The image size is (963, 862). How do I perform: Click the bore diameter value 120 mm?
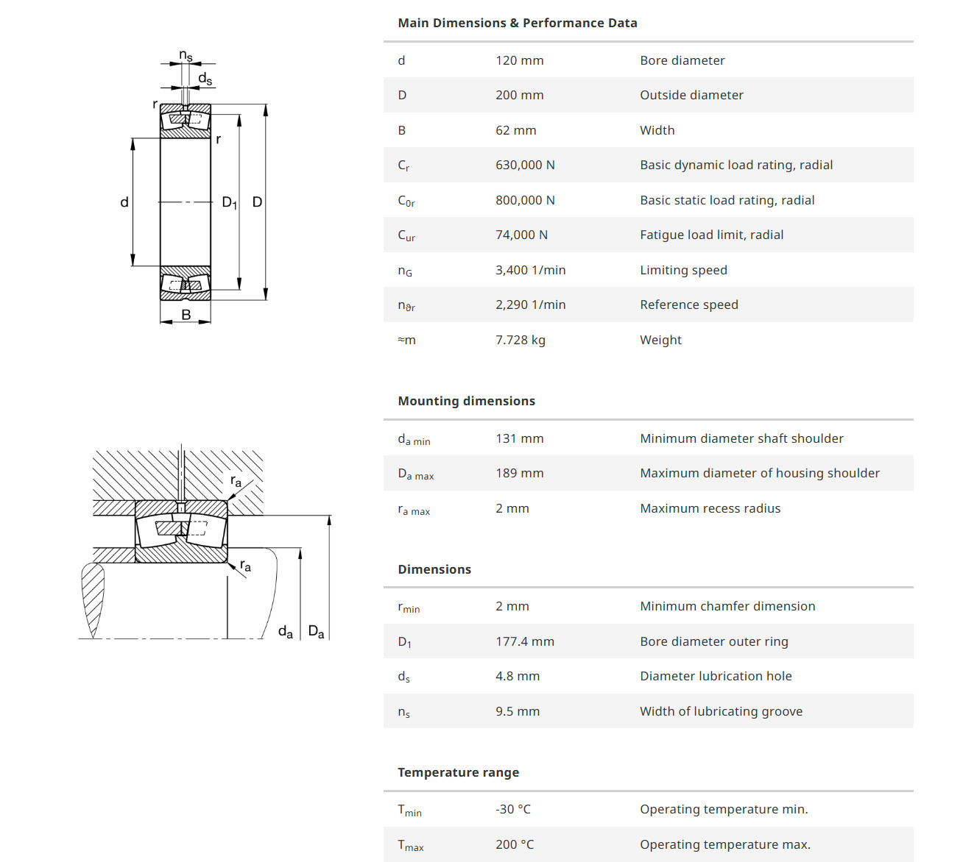[519, 60]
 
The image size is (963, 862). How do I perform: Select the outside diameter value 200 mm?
[519, 95]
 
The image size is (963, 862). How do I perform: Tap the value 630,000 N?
[525, 165]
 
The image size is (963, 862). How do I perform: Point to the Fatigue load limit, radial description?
[711, 235]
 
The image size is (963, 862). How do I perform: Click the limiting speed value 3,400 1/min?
[530, 270]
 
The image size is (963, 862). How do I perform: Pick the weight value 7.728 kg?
[520, 340]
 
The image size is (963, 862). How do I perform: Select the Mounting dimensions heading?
[466, 401]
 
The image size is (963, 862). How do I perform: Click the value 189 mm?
[519, 473]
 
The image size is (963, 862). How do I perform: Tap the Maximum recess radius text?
[710, 508]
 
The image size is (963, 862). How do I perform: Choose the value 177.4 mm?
[524, 641]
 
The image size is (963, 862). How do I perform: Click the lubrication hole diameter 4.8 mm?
[517, 676]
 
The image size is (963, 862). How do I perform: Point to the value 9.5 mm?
[517, 711]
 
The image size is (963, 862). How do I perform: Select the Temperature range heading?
[458, 772]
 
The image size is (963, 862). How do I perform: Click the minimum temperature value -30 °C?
[512, 809]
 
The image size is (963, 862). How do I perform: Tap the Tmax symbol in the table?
[410, 845]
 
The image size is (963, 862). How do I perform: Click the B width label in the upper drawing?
[186, 315]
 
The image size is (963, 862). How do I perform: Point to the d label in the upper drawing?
[124, 202]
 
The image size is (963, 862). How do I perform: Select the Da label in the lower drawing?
[316, 632]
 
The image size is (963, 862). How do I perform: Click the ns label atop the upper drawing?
[186, 56]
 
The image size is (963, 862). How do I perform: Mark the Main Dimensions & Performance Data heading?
[517, 23]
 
